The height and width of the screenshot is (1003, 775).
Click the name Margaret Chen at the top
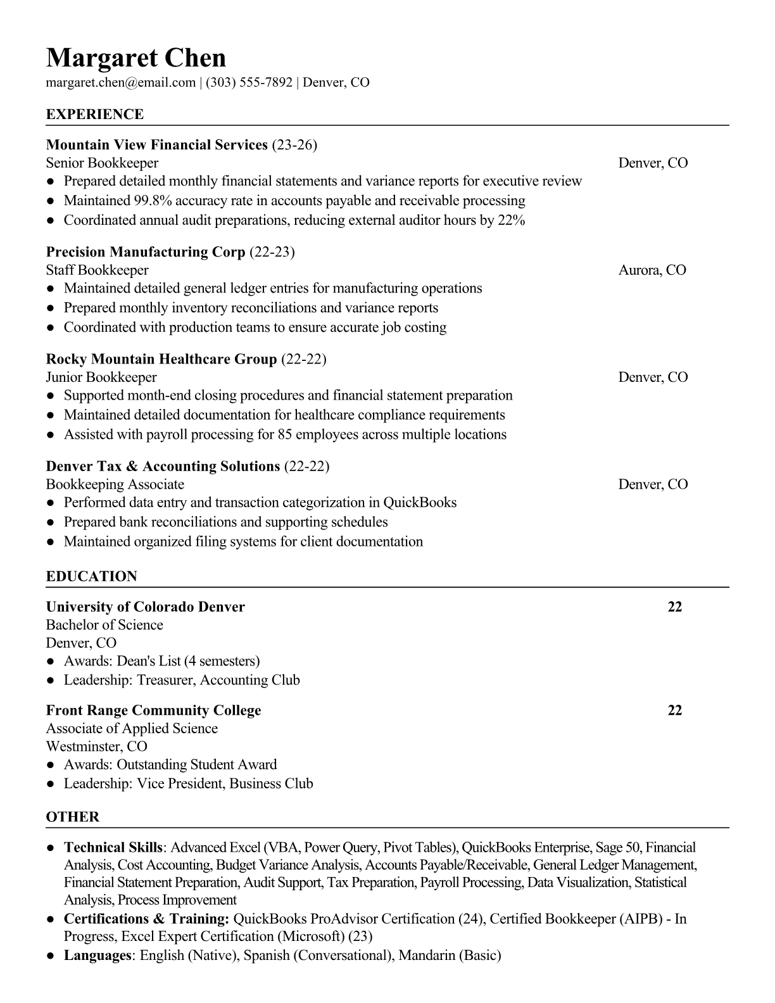tap(135, 58)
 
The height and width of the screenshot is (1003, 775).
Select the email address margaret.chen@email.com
tap(120, 82)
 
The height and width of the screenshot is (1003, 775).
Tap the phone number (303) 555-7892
tap(249, 82)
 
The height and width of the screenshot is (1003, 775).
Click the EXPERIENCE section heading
tap(95, 115)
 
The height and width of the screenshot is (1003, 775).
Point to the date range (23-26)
tap(294, 145)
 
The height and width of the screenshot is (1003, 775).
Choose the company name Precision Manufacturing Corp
tap(145, 252)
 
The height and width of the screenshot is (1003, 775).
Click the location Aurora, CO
tap(652, 270)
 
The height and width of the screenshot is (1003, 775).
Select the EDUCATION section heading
tap(91, 577)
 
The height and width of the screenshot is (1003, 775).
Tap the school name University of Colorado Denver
tap(145, 607)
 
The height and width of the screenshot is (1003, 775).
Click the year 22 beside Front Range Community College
tap(675, 710)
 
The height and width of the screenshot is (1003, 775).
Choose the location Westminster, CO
tap(96, 747)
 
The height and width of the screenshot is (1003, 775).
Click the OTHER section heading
tap(73, 817)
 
